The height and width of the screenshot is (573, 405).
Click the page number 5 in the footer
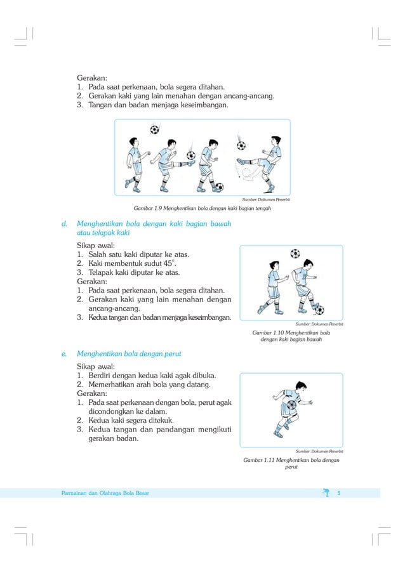click(x=339, y=493)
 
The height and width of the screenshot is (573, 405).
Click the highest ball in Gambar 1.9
click(x=154, y=129)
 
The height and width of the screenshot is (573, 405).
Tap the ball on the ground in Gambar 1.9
click(x=219, y=187)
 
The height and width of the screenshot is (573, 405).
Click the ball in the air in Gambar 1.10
click(x=295, y=254)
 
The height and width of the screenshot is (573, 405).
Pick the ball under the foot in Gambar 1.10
click(x=319, y=310)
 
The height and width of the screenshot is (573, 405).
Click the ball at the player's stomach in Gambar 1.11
click(x=291, y=404)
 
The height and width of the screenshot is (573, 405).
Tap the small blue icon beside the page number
click(x=326, y=492)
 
